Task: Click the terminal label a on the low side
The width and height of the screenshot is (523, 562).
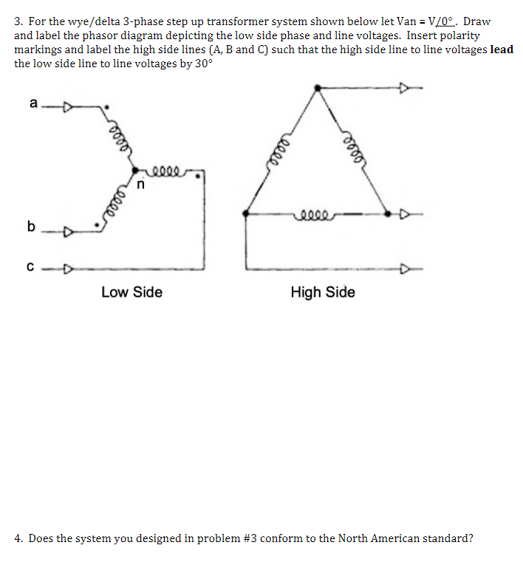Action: (x=32, y=103)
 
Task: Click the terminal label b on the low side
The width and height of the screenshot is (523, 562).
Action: (x=31, y=226)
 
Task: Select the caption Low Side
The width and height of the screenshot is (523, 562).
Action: (x=131, y=292)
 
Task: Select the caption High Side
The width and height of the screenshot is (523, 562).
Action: (x=323, y=292)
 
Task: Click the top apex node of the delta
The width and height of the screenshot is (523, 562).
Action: (x=318, y=88)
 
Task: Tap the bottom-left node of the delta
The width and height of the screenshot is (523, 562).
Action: (x=245, y=213)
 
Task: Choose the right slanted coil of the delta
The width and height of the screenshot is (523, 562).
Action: (x=352, y=148)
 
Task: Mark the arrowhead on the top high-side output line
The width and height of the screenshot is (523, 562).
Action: (x=405, y=88)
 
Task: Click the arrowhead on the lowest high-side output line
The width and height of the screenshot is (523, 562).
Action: (x=405, y=268)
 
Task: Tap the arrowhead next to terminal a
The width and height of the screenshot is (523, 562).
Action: (x=67, y=109)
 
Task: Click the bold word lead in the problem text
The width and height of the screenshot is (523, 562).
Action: (x=502, y=49)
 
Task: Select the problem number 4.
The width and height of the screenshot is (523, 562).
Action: (x=18, y=538)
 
